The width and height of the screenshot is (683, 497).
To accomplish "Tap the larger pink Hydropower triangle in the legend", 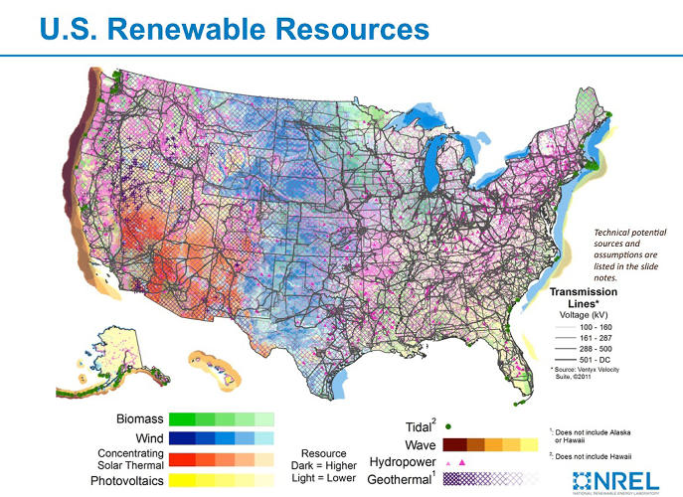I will point(462,463).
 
